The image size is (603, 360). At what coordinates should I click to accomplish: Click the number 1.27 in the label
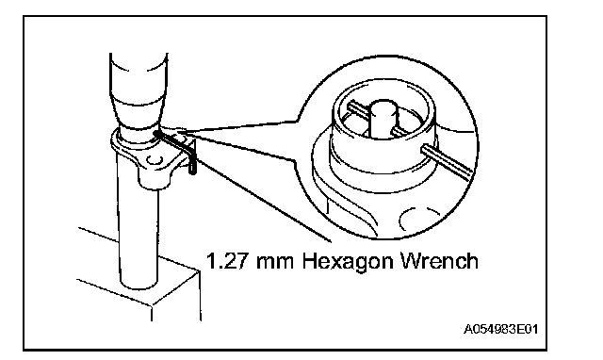(x=227, y=261)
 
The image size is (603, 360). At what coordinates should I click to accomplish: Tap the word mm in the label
(x=275, y=263)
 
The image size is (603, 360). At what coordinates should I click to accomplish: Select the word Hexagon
(x=349, y=263)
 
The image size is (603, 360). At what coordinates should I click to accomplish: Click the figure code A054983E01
(x=500, y=329)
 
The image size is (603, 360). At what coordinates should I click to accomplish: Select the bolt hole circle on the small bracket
(x=155, y=159)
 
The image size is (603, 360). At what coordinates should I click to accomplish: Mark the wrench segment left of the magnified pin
(x=359, y=110)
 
